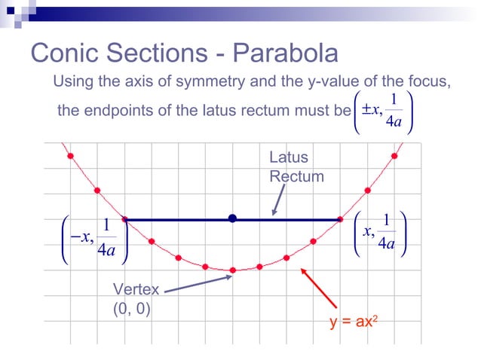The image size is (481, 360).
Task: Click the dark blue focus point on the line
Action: [233, 218]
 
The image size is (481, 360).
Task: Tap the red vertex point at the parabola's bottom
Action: [233, 270]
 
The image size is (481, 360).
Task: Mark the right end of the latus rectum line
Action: [341, 219]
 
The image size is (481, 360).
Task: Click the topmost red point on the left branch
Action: [70, 156]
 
